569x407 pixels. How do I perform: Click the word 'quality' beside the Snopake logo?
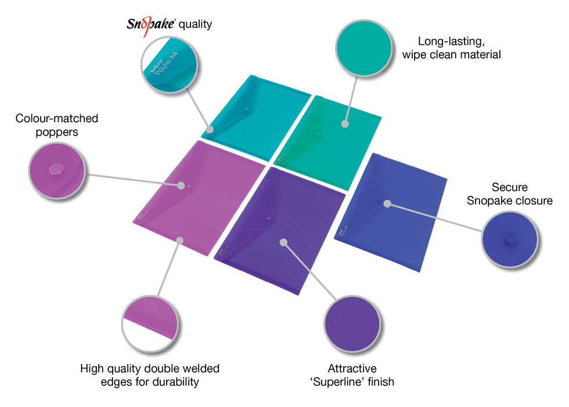point(195,24)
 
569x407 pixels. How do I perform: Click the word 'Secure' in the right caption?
point(509,187)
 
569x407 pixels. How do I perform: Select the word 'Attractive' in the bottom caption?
point(352,369)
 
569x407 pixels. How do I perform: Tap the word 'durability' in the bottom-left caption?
point(172,382)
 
